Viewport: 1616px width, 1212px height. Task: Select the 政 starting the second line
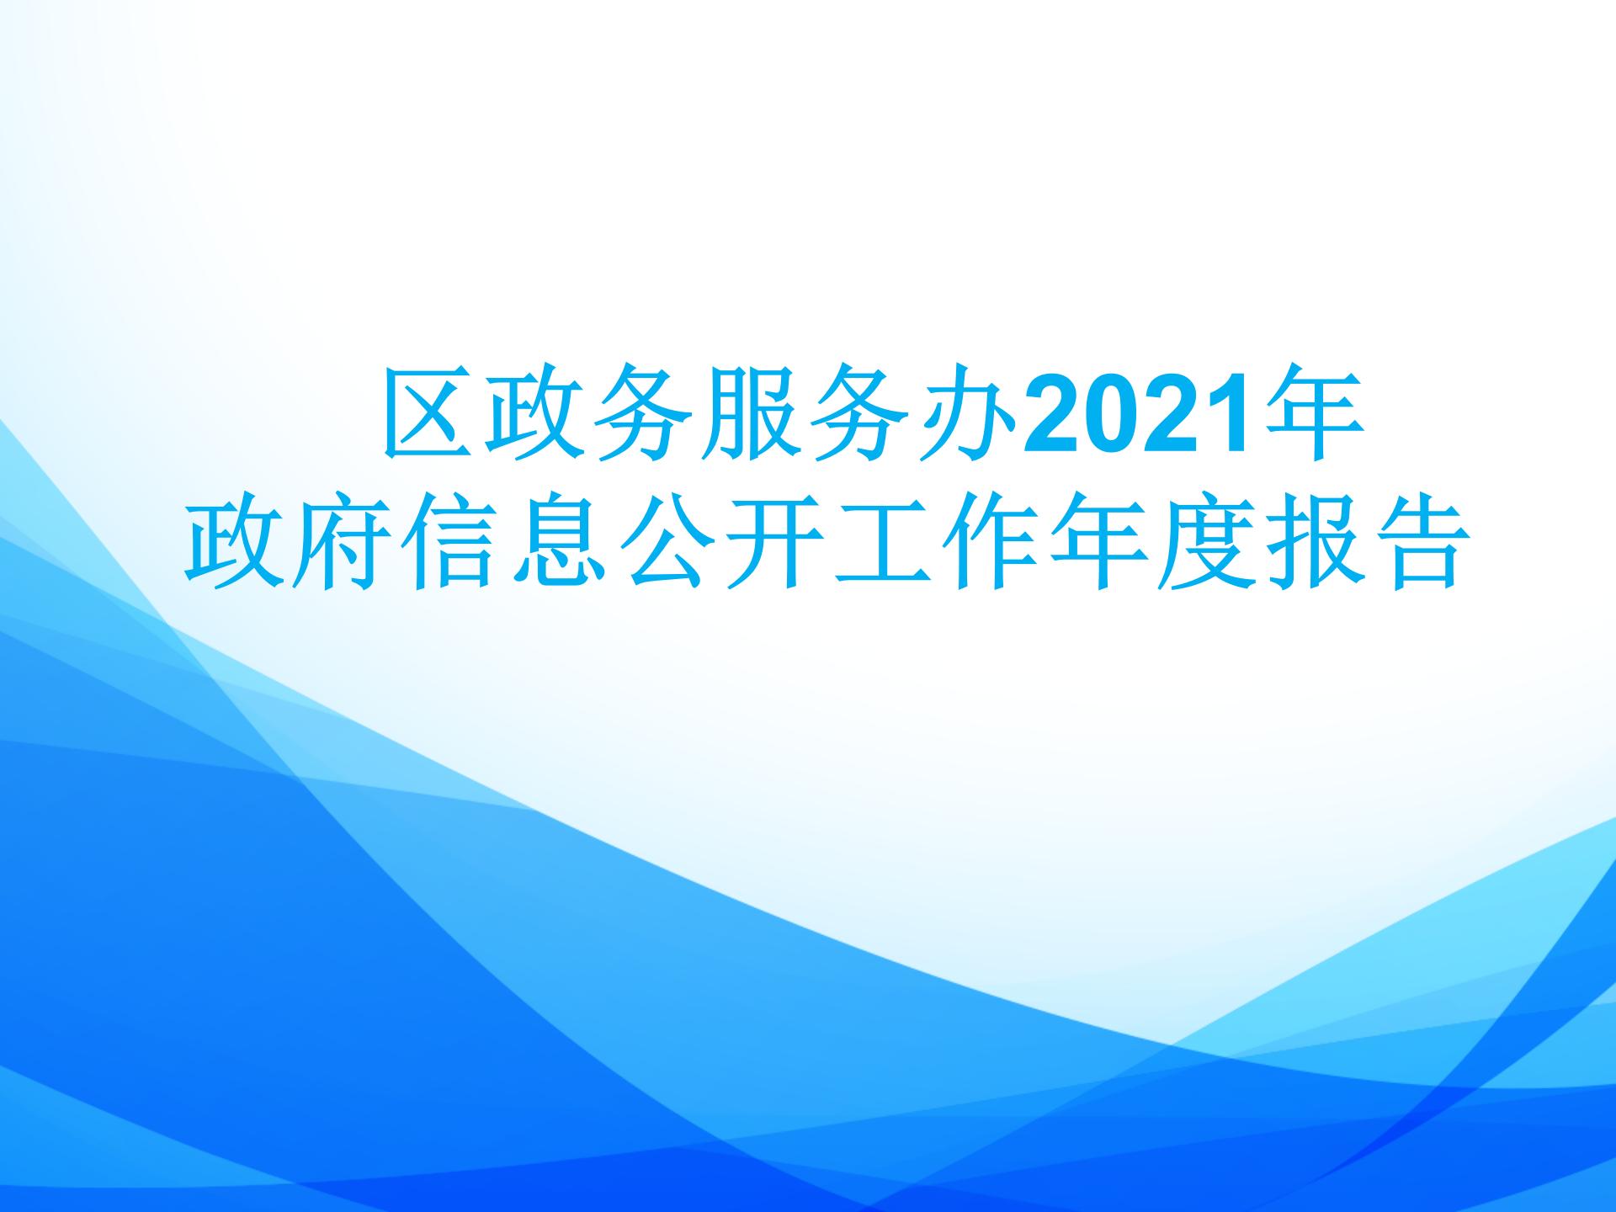(232, 545)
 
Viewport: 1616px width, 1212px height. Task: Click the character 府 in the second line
(340, 545)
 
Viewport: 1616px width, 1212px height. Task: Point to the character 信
(448, 545)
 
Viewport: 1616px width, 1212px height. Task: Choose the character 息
(555, 545)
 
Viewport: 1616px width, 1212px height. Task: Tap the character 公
(663, 545)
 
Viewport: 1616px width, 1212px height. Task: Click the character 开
(771, 545)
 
